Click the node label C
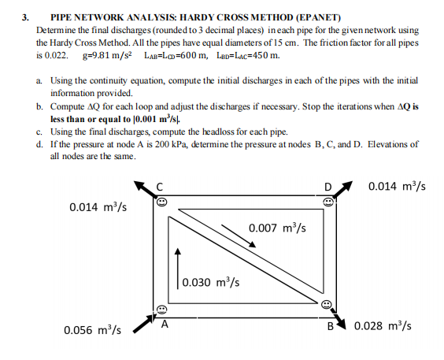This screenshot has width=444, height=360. click(160, 186)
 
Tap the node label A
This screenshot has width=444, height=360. click(165, 322)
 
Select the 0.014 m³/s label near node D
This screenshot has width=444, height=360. click(397, 187)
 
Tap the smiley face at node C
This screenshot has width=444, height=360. click(160, 202)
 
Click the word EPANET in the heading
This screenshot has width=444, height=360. click(315, 16)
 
